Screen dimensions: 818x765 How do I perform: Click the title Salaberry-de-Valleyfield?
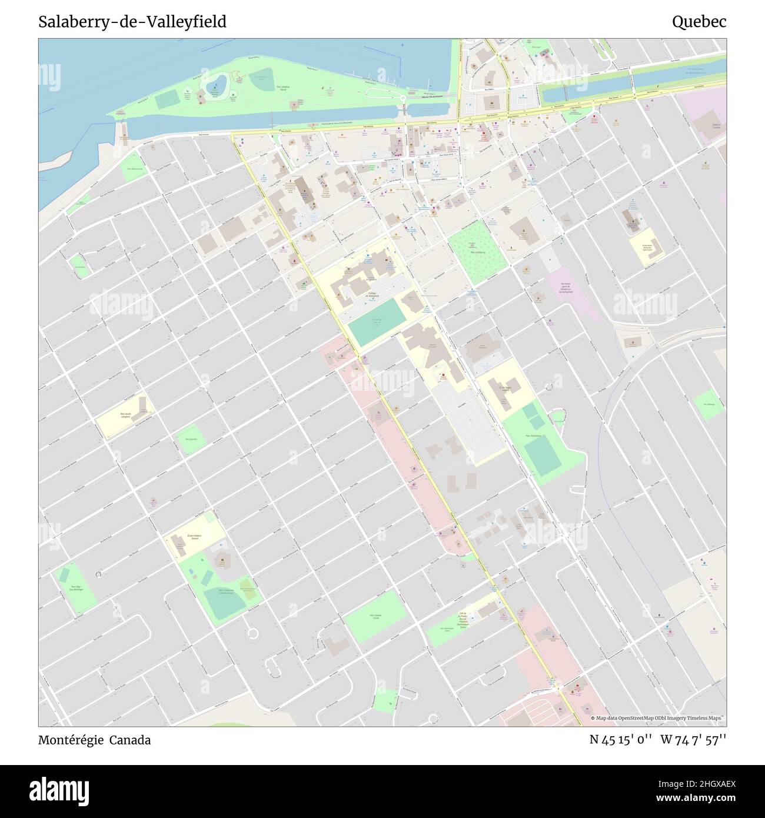132,22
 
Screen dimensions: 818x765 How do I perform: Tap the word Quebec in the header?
699,22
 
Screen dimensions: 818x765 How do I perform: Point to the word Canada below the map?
132,740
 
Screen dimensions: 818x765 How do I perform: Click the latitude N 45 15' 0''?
620,740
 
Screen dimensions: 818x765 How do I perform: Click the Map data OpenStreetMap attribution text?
658,718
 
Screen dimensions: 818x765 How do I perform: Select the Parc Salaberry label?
477,251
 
